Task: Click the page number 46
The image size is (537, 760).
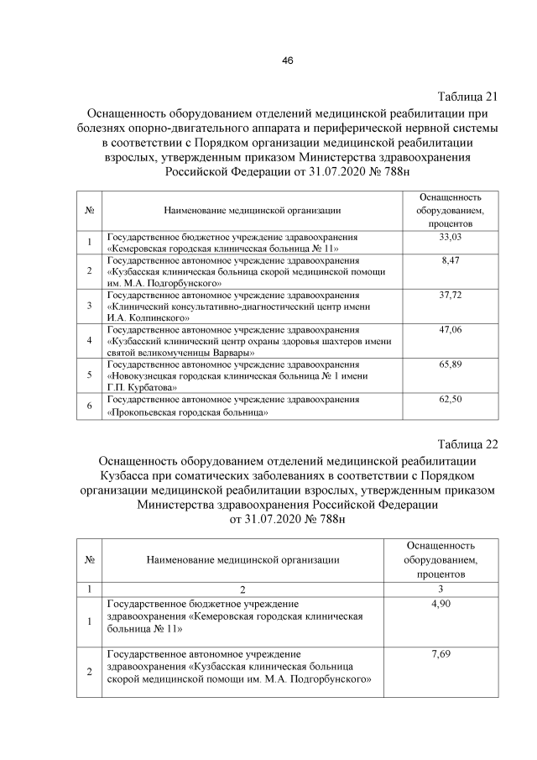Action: click(287, 60)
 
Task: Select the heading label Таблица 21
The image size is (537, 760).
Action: click(468, 95)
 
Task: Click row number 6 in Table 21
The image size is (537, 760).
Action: click(89, 407)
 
